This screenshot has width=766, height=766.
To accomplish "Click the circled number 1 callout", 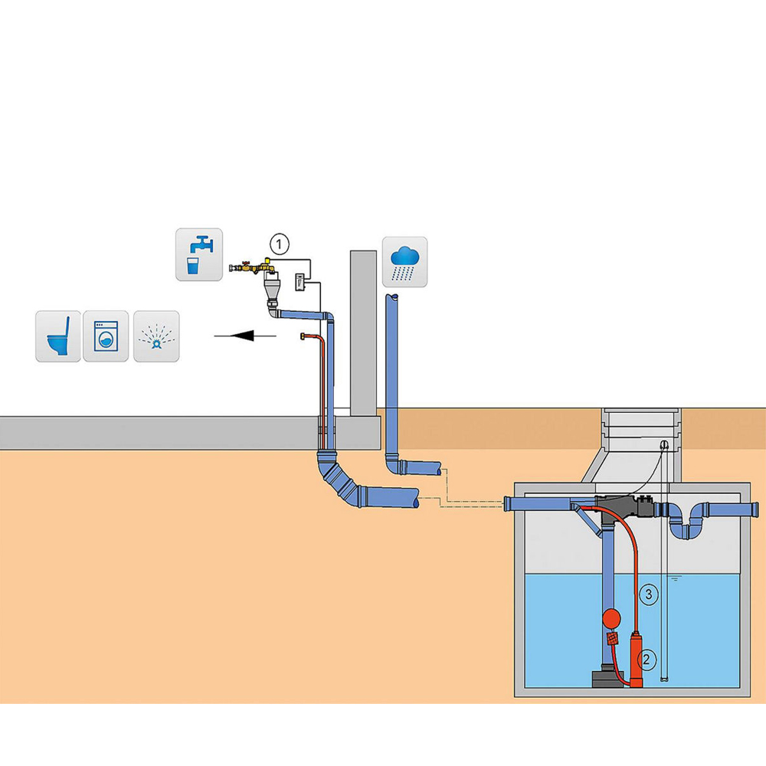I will (x=280, y=244).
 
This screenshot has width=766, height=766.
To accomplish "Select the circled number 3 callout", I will (x=649, y=592).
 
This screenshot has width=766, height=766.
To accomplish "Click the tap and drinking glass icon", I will (x=199, y=254).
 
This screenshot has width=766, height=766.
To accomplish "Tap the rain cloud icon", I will (x=404, y=262).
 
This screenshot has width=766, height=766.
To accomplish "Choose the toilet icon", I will (x=58, y=336).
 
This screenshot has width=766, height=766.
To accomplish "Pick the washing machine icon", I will (x=106, y=336).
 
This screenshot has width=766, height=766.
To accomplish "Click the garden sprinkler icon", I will (x=156, y=336).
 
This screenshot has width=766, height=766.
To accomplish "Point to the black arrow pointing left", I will (x=245, y=335).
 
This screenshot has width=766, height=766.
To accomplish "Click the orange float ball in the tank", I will (x=613, y=617).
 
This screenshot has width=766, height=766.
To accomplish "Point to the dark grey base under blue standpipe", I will (x=609, y=678).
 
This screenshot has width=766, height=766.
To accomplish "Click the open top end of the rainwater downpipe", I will (x=391, y=295).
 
